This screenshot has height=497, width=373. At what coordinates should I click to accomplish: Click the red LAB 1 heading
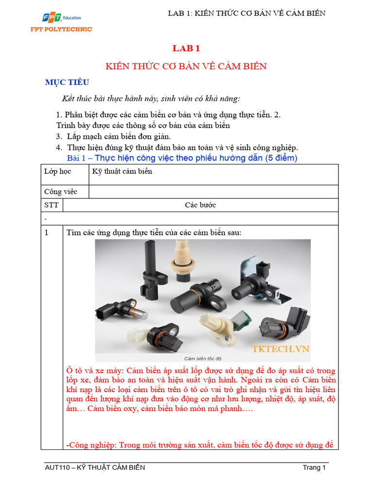click(186, 49)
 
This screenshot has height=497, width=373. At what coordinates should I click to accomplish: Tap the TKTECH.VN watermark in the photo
click(280, 348)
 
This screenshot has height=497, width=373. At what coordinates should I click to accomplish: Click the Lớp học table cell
click(57, 171)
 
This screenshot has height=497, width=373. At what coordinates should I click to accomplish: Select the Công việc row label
click(60, 192)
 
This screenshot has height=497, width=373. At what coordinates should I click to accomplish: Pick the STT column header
click(51, 205)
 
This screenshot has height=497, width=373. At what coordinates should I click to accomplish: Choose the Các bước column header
click(200, 205)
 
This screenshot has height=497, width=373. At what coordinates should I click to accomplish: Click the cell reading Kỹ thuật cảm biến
click(122, 171)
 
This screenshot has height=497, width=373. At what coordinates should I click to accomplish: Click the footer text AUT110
click(55, 467)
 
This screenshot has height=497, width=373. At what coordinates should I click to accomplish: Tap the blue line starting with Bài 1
click(182, 158)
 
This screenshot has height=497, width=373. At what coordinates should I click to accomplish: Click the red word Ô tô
click(73, 371)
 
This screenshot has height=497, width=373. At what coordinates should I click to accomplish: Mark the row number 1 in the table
click(47, 233)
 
